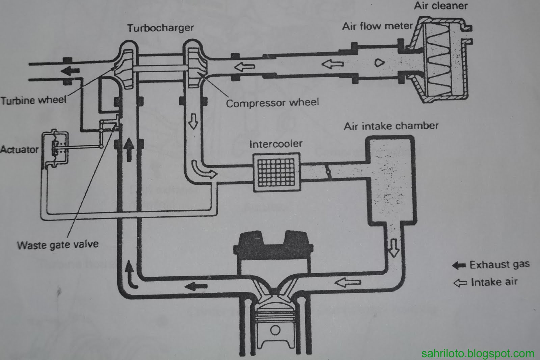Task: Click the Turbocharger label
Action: [x=160, y=28]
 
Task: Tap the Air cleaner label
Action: [x=441, y=6]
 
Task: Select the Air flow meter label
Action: [x=377, y=26]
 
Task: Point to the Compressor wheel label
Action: [x=272, y=103]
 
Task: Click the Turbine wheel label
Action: [x=33, y=100]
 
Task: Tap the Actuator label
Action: [x=19, y=149]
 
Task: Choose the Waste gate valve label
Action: [x=58, y=245]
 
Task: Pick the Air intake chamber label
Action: [x=391, y=126]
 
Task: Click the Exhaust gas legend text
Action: [x=500, y=264]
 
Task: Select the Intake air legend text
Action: [x=494, y=282]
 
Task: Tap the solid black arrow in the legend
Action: [x=459, y=265]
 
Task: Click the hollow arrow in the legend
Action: [x=460, y=283]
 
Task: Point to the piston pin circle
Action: [x=275, y=330]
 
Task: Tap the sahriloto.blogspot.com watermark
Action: [x=478, y=354]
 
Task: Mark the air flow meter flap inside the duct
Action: [x=380, y=62]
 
